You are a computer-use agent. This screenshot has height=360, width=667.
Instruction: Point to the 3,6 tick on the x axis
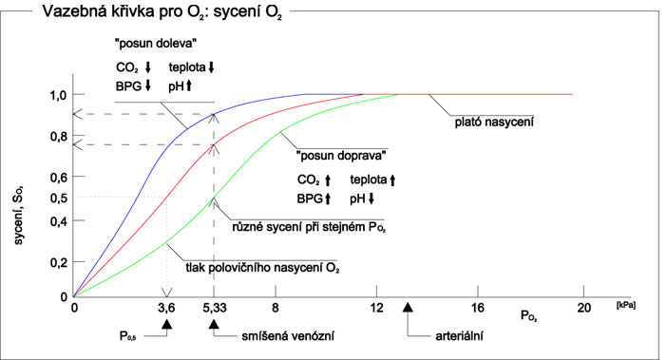(x=167, y=307)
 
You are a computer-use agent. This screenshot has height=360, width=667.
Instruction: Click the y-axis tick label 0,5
(x=59, y=198)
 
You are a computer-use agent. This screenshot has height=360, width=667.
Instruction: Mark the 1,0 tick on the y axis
(x=59, y=95)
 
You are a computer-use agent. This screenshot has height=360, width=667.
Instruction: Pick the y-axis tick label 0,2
(x=59, y=262)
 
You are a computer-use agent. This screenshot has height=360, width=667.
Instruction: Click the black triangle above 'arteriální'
(x=409, y=307)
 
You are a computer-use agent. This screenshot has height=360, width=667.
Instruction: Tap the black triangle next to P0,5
(x=167, y=325)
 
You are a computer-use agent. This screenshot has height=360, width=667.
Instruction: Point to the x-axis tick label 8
(x=276, y=307)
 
